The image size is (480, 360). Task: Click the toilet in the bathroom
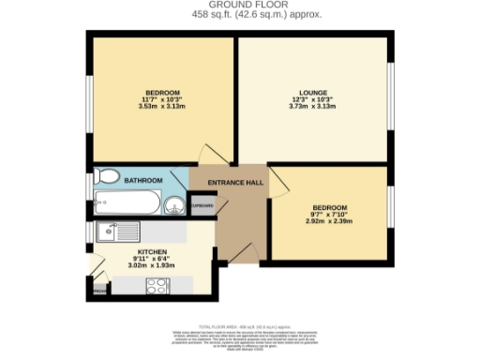[106, 177]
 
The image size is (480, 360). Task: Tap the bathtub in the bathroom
[127, 203]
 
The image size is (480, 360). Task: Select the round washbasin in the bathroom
[173, 205]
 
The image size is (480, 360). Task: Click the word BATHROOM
[144, 180]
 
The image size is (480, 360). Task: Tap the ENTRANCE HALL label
[229, 183]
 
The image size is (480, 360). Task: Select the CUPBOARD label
[202, 205]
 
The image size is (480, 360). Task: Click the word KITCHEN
[152, 253]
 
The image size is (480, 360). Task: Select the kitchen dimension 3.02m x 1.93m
[152, 267]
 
